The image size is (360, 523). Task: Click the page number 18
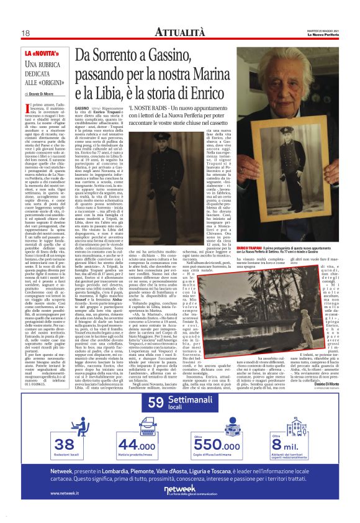pos(25,33)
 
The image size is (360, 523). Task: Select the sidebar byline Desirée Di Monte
pos(41,94)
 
